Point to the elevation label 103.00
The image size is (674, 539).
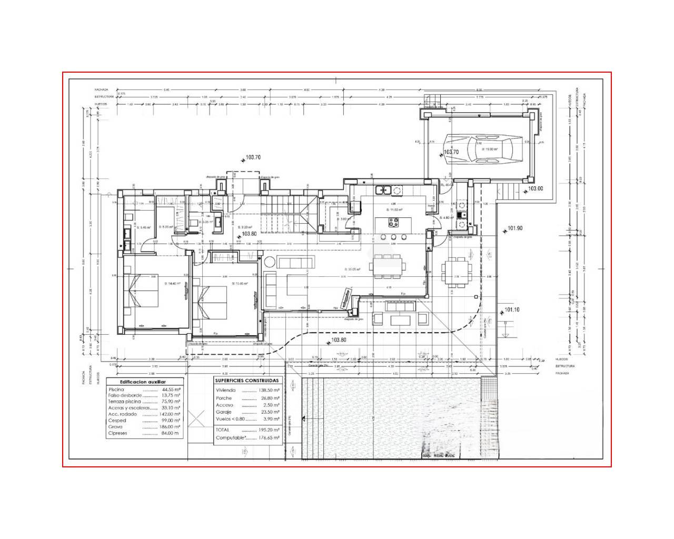click(536, 188)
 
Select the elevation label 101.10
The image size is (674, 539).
click(512, 310)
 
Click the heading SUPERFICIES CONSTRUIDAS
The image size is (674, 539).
click(247, 380)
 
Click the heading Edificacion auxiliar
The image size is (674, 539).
click(143, 382)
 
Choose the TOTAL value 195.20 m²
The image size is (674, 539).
click(269, 430)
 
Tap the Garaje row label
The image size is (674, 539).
click(224, 413)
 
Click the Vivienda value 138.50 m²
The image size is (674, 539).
click(269, 391)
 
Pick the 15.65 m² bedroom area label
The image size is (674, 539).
click(240, 284)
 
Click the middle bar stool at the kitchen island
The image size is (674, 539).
click(393, 237)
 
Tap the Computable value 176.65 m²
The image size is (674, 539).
click(269, 437)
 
